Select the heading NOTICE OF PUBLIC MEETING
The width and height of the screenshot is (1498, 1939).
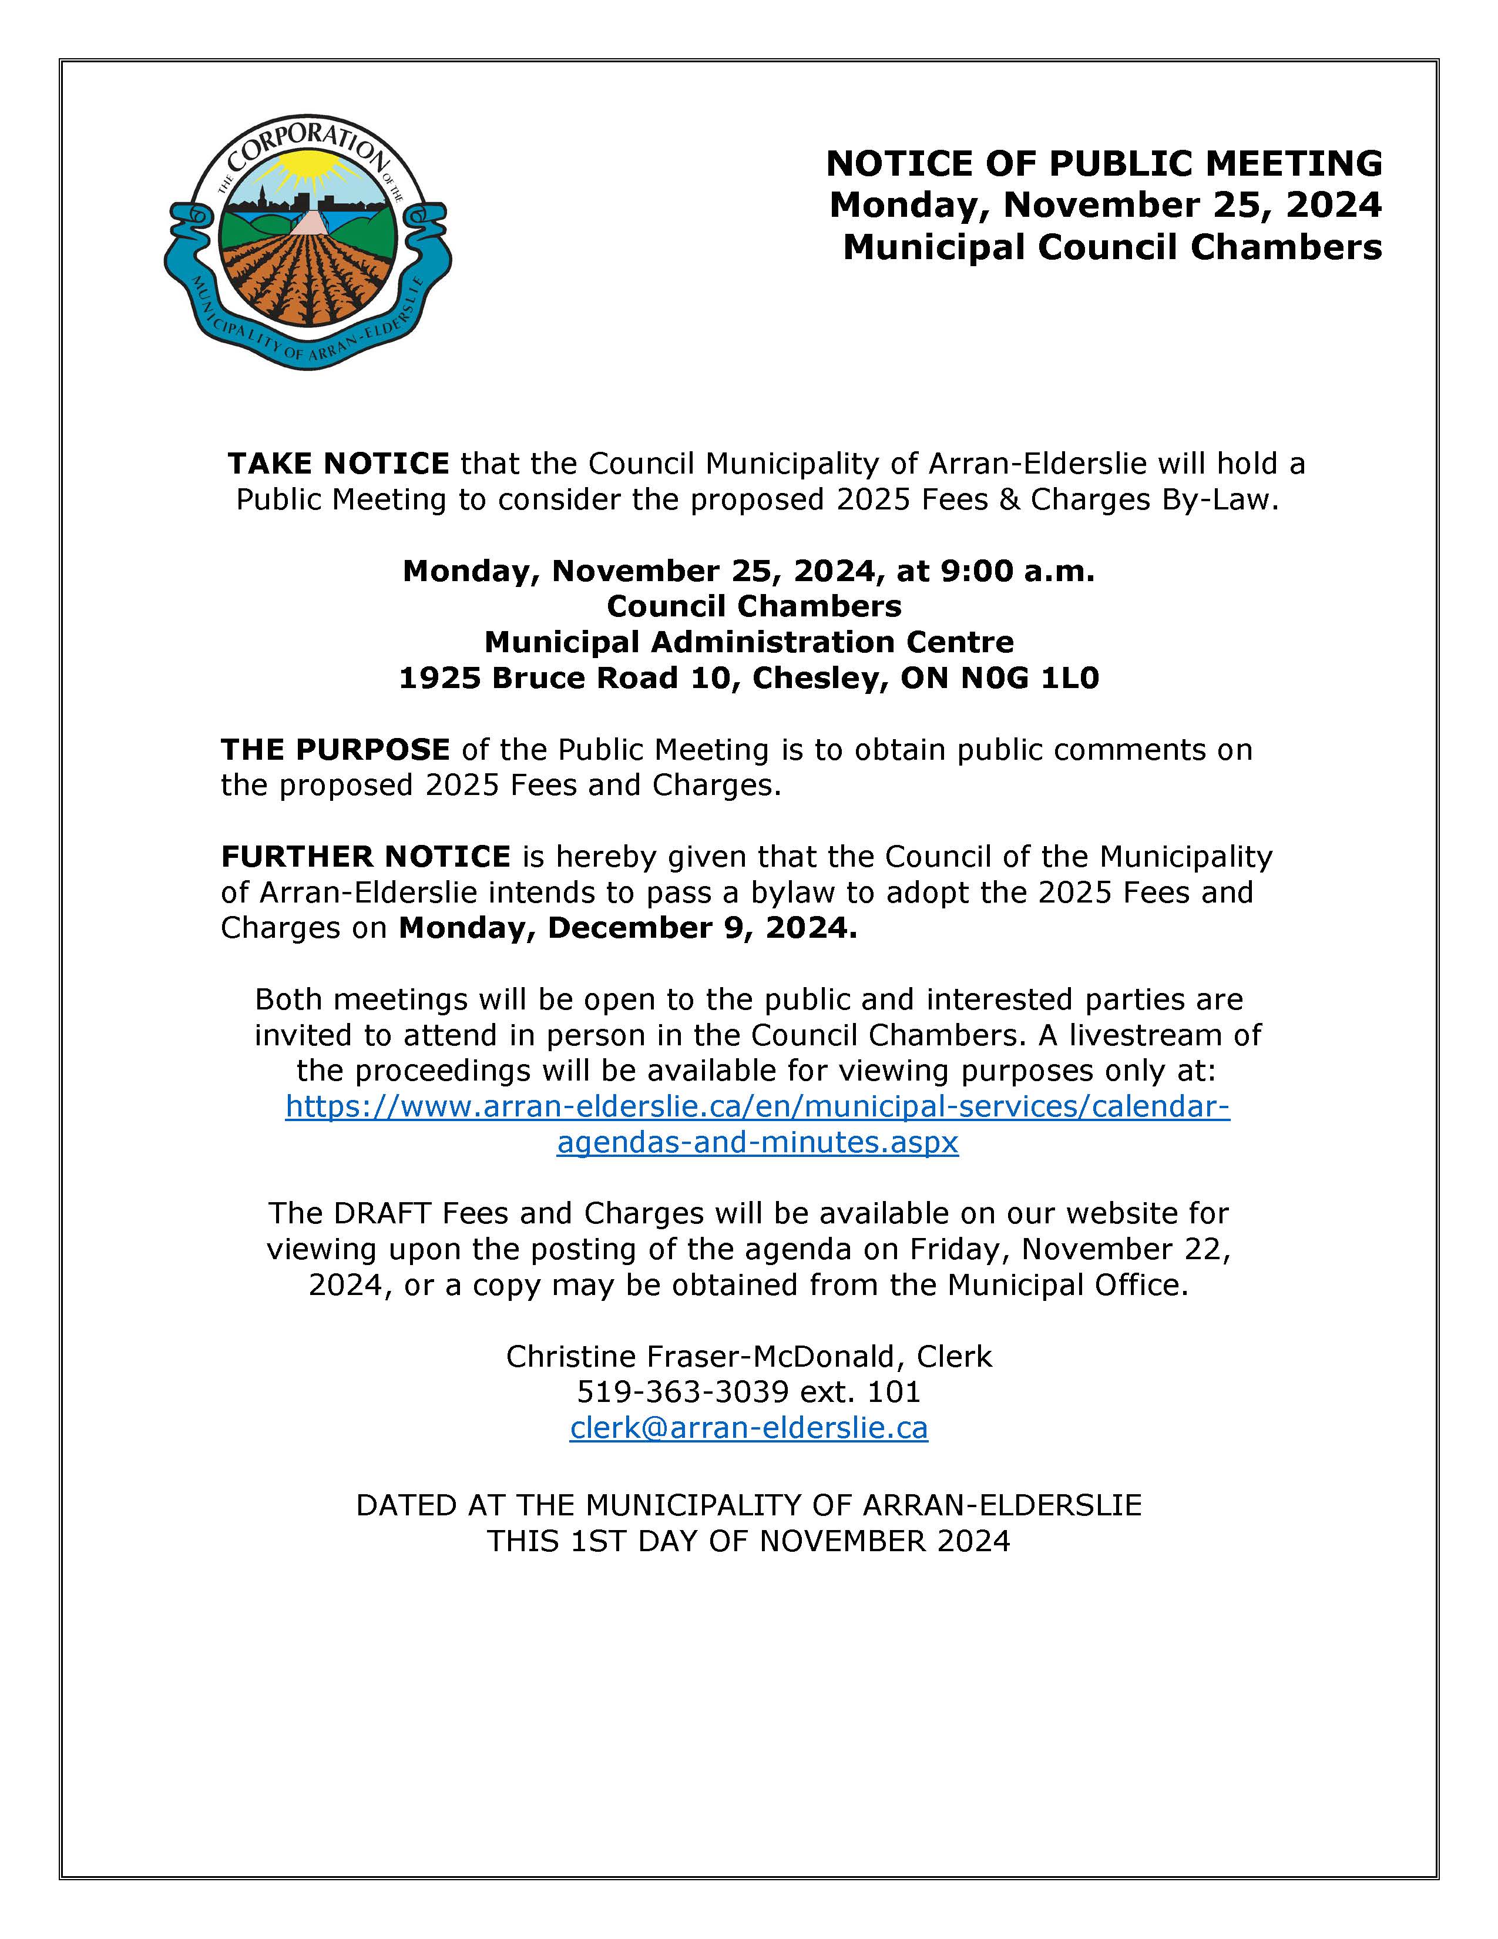pos(1104,163)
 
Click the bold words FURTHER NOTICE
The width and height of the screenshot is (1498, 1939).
pos(365,856)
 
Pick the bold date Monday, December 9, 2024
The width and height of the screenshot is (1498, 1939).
pos(627,928)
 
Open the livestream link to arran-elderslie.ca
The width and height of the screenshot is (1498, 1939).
pos(757,1107)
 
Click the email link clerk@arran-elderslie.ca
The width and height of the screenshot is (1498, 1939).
pos(748,1428)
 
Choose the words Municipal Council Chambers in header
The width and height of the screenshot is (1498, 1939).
pos(1112,247)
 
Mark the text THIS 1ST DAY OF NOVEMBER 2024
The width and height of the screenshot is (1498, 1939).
pos(748,1541)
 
